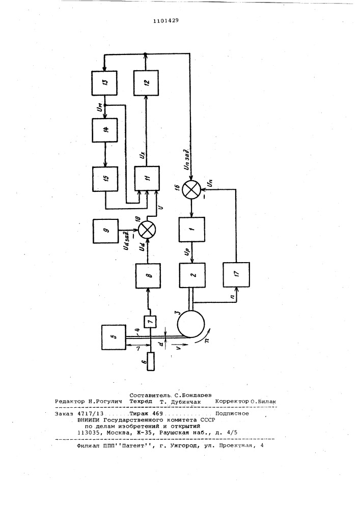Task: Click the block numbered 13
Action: [x=104, y=83]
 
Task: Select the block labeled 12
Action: [x=146, y=82]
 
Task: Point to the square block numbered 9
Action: [x=105, y=231]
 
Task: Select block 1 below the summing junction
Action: [x=192, y=230]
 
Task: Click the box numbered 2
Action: [x=192, y=275]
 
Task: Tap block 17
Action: [x=237, y=275]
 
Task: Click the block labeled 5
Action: [x=114, y=337]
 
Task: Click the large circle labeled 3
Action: [x=191, y=324]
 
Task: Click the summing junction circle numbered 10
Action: [x=147, y=230]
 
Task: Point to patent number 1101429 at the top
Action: [x=166, y=21]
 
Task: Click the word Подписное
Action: [x=232, y=413]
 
